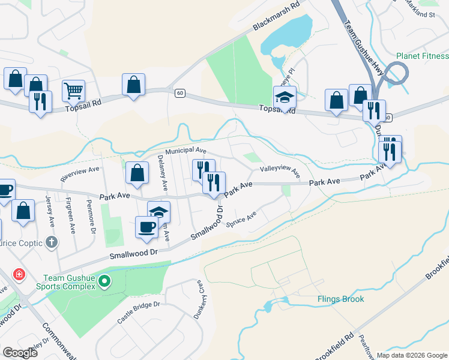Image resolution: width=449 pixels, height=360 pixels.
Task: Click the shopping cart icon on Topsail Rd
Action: (73, 91)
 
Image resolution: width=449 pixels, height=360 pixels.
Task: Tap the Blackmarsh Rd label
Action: (276, 17)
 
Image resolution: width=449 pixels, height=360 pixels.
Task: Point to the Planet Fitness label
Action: (422, 56)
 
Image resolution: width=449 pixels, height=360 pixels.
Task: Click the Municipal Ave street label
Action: (187, 151)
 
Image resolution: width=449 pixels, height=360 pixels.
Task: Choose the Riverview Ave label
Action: (80, 174)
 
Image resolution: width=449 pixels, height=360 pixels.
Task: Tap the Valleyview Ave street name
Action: (279, 170)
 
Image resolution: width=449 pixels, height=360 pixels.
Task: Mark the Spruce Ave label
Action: (242, 220)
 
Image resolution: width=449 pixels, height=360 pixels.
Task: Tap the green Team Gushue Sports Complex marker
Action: (104, 280)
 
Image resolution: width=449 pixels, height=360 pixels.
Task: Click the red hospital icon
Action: (19, 274)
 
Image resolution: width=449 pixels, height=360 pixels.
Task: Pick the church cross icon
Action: (52, 242)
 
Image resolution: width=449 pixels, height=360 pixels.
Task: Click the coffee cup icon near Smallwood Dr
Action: (147, 227)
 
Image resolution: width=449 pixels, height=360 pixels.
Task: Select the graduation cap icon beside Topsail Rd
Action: (285, 97)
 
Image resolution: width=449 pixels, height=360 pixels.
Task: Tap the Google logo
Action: (20, 353)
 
